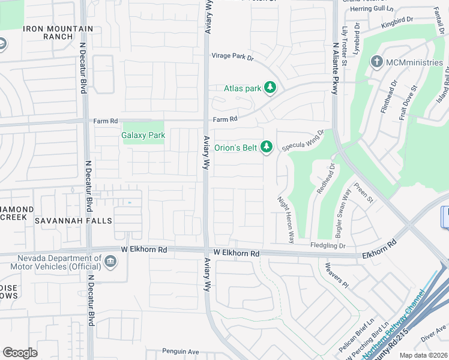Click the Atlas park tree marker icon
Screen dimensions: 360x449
click(x=270, y=88)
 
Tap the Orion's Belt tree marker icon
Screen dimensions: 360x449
click(x=267, y=146)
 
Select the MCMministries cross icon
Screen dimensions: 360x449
click(x=376, y=62)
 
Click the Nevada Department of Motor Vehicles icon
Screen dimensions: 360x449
click(x=110, y=261)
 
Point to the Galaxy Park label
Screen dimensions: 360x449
click(x=143, y=136)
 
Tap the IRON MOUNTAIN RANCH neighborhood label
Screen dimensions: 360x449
click(x=58, y=32)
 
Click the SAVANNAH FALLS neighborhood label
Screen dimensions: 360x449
click(x=73, y=221)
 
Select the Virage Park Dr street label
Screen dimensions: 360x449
click(x=232, y=58)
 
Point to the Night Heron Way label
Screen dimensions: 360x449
click(x=285, y=219)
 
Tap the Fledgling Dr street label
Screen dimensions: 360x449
click(x=328, y=245)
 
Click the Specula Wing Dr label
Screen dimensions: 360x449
click(x=303, y=140)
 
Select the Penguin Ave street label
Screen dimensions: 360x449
click(x=180, y=352)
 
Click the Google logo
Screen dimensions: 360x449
click(x=20, y=353)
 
